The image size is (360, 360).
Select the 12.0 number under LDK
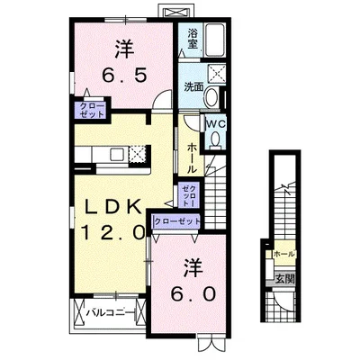(x=112, y=231)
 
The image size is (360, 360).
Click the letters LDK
(x=112, y=208)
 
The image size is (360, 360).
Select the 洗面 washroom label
(x=193, y=87)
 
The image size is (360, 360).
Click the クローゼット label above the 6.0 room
(x=177, y=220)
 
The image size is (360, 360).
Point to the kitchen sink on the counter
(x=96, y=156)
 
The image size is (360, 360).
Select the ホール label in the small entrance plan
(x=283, y=255)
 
